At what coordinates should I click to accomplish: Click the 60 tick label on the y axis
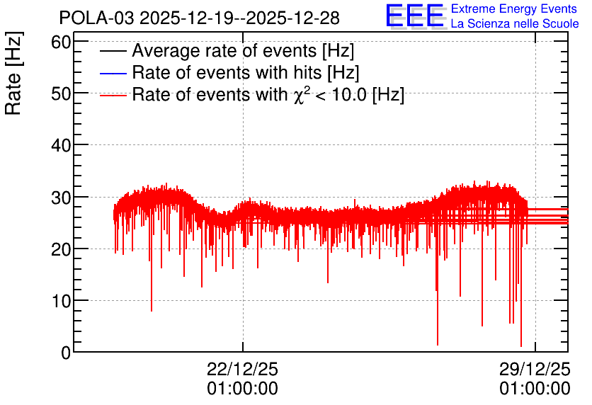point(61,42)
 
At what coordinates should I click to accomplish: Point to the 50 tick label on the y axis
point(61,93)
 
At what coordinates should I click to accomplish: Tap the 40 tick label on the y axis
point(61,145)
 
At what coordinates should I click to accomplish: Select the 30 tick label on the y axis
point(61,197)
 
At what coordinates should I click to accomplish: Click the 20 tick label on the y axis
point(61,249)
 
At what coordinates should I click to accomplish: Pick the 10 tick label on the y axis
point(61,301)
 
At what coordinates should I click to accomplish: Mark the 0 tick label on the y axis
point(66,353)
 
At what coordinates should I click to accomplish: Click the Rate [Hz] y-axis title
point(13,73)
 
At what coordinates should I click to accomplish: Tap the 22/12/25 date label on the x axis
point(242,369)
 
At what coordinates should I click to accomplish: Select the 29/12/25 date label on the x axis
point(535,369)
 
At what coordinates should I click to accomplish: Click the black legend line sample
point(113,51)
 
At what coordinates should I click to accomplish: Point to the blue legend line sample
point(113,73)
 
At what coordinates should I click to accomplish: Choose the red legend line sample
point(113,96)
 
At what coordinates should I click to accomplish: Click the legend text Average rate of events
point(224,50)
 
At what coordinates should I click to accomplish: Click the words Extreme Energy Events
point(514,8)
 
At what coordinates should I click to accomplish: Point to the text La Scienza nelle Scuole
point(515,23)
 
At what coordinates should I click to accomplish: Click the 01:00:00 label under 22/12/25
point(242,389)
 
